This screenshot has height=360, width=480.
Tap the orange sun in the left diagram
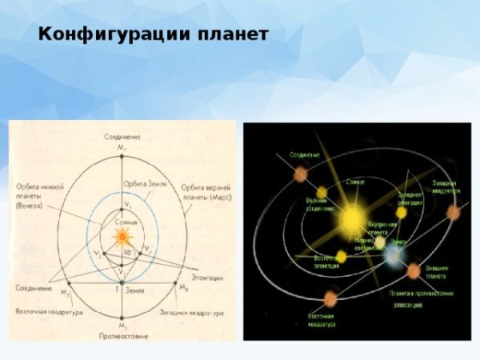tap(122, 237)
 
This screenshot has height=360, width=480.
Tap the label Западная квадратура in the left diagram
tap(191, 311)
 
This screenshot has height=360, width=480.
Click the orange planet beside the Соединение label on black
tap(301, 173)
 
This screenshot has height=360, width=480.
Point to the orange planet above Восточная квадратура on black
tap(330, 299)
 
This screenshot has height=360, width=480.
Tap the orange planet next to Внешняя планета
tap(414, 270)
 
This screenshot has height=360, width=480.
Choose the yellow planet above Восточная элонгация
tap(341, 256)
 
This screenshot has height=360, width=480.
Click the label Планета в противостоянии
tap(421, 294)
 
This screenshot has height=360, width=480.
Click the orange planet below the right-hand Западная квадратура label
tap(453, 212)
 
